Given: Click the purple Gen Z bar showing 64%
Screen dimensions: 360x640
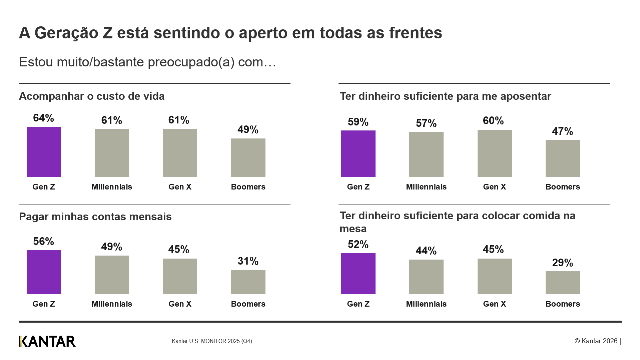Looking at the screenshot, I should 44,152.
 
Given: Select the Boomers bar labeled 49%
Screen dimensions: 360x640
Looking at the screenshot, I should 248,157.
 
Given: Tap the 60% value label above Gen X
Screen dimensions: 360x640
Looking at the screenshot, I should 493,121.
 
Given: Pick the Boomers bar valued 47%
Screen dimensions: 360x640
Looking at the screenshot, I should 563,158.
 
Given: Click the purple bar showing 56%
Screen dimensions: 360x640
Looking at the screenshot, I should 44,272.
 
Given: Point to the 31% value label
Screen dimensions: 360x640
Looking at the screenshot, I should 248,261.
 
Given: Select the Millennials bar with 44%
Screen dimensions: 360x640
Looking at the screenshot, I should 426,277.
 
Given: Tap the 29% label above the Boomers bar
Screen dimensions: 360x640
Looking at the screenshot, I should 562,263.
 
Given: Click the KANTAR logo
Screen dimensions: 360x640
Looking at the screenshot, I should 47,341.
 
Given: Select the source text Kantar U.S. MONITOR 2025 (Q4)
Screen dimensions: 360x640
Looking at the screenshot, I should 212,341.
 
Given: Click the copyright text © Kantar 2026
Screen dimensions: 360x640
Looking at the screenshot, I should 596,341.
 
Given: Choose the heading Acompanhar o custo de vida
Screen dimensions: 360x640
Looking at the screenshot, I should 92,96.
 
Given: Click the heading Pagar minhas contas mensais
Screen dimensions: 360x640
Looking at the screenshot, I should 95,217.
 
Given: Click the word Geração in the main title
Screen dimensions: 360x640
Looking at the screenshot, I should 73,33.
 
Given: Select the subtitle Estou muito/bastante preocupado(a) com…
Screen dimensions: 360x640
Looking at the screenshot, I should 147,62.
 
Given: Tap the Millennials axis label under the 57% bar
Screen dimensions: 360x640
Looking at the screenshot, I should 426,187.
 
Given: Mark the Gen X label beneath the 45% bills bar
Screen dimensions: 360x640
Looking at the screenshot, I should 180,304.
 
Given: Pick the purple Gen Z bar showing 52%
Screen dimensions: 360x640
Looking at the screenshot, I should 358,274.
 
